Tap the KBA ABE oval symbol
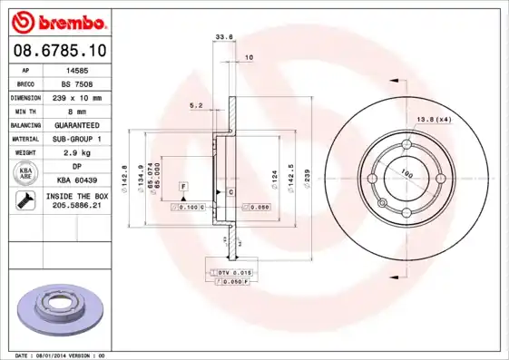tap(24, 174)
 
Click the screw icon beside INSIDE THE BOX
tap(24, 201)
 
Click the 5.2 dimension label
tap(196, 105)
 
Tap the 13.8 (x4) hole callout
tap(434, 120)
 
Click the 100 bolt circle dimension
tap(406, 172)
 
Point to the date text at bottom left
tap(61, 355)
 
